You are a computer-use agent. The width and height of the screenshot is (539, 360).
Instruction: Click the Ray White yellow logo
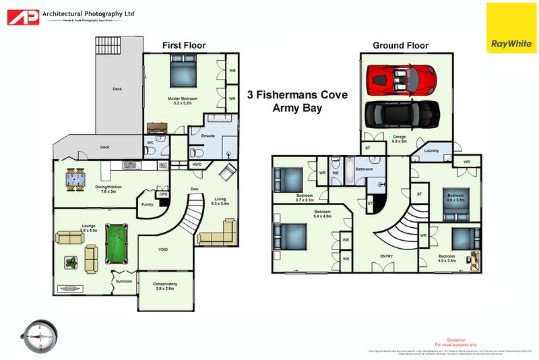[x=511, y=28]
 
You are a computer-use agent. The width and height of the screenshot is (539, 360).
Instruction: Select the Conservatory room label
[x=164, y=286]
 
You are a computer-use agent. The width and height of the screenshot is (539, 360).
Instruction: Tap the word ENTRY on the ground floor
[x=387, y=256]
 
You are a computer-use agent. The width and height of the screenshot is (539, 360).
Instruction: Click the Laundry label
[x=431, y=150]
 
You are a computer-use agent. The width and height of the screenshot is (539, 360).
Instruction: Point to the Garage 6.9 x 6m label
[x=399, y=138]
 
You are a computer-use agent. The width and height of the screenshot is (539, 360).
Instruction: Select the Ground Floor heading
[x=401, y=46]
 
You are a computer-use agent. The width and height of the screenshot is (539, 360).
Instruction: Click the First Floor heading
[x=184, y=46]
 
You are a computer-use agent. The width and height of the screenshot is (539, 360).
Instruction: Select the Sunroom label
[x=123, y=280]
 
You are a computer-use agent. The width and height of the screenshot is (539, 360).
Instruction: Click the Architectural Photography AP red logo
[x=22, y=17]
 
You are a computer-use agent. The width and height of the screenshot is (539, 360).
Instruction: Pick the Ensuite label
[x=208, y=136]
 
